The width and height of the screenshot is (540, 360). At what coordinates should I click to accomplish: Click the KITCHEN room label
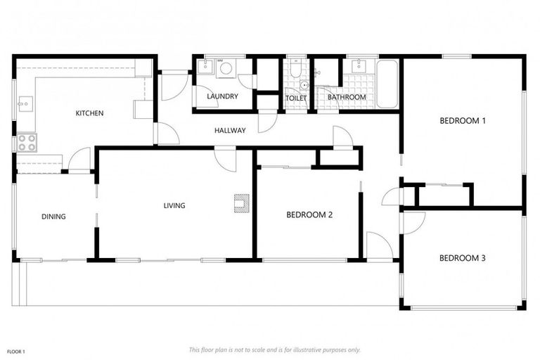[x=89, y=113]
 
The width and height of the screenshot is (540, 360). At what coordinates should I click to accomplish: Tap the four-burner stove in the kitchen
[x=26, y=143]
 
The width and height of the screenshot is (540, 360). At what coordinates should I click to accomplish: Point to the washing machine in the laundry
[x=226, y=68]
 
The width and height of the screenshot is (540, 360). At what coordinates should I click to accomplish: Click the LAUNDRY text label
[x=222, y=96]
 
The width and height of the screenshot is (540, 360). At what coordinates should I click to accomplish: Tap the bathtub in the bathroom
[x=387, y=84]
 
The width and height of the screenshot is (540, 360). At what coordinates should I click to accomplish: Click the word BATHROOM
[x=346, y=97]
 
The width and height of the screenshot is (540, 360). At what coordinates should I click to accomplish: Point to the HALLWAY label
[x=230, y=130]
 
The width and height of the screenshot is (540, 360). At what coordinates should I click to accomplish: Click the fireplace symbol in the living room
[x=241, y=203]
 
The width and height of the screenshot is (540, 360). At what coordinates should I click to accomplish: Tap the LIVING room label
[x=174, y=206]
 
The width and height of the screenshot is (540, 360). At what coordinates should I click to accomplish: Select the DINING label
[x=53, y=217]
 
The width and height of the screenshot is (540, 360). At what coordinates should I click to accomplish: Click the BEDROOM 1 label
[x=462, y=121]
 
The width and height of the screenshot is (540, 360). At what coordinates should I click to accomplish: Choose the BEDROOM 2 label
[x=309, y=215]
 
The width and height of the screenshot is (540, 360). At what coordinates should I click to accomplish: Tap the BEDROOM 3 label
[x=462, y=258]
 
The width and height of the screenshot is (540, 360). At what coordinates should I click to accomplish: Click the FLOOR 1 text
[x=15, y=351]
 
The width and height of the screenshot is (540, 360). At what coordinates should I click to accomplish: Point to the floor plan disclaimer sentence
[x=274, y=349]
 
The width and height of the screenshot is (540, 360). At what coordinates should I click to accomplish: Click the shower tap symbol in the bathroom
[x=318, y=72]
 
